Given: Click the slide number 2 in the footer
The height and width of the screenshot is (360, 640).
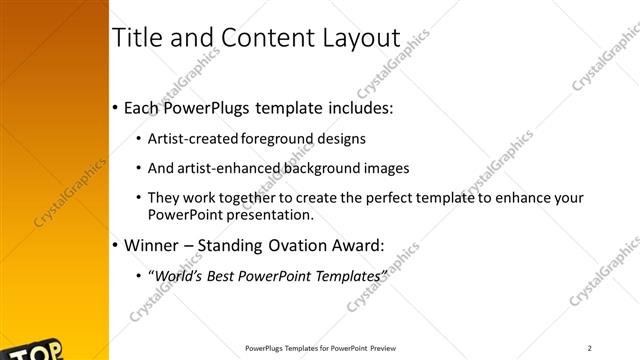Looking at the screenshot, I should [x=590, y=348].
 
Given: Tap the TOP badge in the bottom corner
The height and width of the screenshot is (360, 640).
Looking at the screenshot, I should [x=40, y=350].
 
